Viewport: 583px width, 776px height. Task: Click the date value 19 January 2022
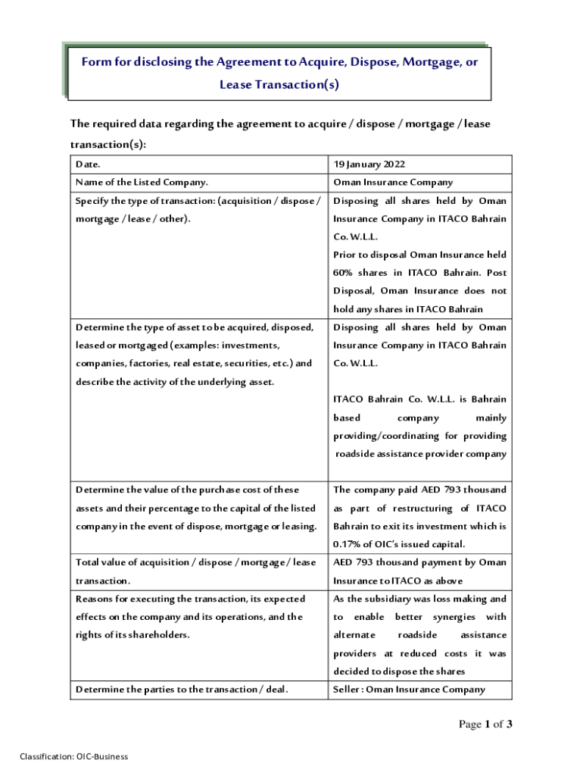coord(369,164)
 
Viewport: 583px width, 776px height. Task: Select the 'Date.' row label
coord(88,164)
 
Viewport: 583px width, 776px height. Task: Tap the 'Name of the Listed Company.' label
coord(142,183)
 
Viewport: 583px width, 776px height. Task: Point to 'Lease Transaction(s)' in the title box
coord(279,85)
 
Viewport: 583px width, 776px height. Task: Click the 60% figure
coord(343,273)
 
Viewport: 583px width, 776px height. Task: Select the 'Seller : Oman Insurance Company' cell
coord(409,690)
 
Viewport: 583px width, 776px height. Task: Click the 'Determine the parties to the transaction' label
coord(181,690)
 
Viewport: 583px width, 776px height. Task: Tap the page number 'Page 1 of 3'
coord(486,725)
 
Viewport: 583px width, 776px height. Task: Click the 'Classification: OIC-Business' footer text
coord(74,756)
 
